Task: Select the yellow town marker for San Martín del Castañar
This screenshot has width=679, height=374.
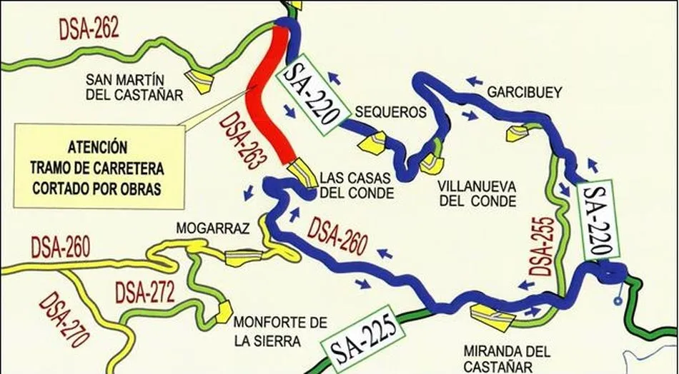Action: click(x=199, y=80)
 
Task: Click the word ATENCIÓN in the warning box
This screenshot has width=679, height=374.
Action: click(x=99, y=148)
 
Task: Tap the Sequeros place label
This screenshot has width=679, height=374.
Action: click(x=390, y=113)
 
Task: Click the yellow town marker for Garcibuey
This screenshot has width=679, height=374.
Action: click(x=517, y=132)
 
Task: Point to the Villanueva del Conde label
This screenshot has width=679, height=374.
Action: click(x=477, y=193)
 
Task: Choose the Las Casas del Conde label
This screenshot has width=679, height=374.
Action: click(x=357, y=184)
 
